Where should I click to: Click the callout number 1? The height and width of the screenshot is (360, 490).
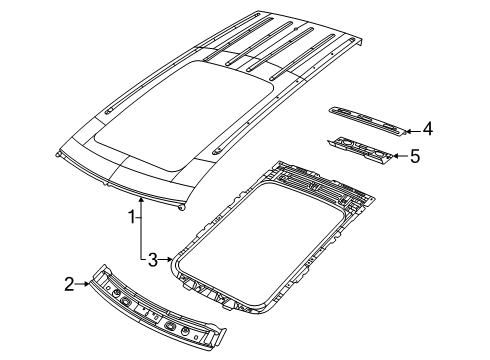pyautogui.click(x=131, y=215)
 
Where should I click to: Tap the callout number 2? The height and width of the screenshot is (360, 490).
pyautogui.click(x=97, y=284)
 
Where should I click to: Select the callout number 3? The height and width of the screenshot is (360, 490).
pyautogui.click(x=152, y=261)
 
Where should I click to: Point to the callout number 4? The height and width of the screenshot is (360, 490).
pyautogui.click(x=427, y=128)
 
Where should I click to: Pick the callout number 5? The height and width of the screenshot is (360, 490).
pyautogui.click(x=416, y=155)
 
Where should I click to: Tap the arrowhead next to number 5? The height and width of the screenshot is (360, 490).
pyautogui.click(x=396, y=155)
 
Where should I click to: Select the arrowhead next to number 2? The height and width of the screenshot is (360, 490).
pyautogui.click(x=114, y=284)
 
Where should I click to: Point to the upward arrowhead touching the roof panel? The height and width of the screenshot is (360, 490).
pyautogui.click(x=142, y=200)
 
